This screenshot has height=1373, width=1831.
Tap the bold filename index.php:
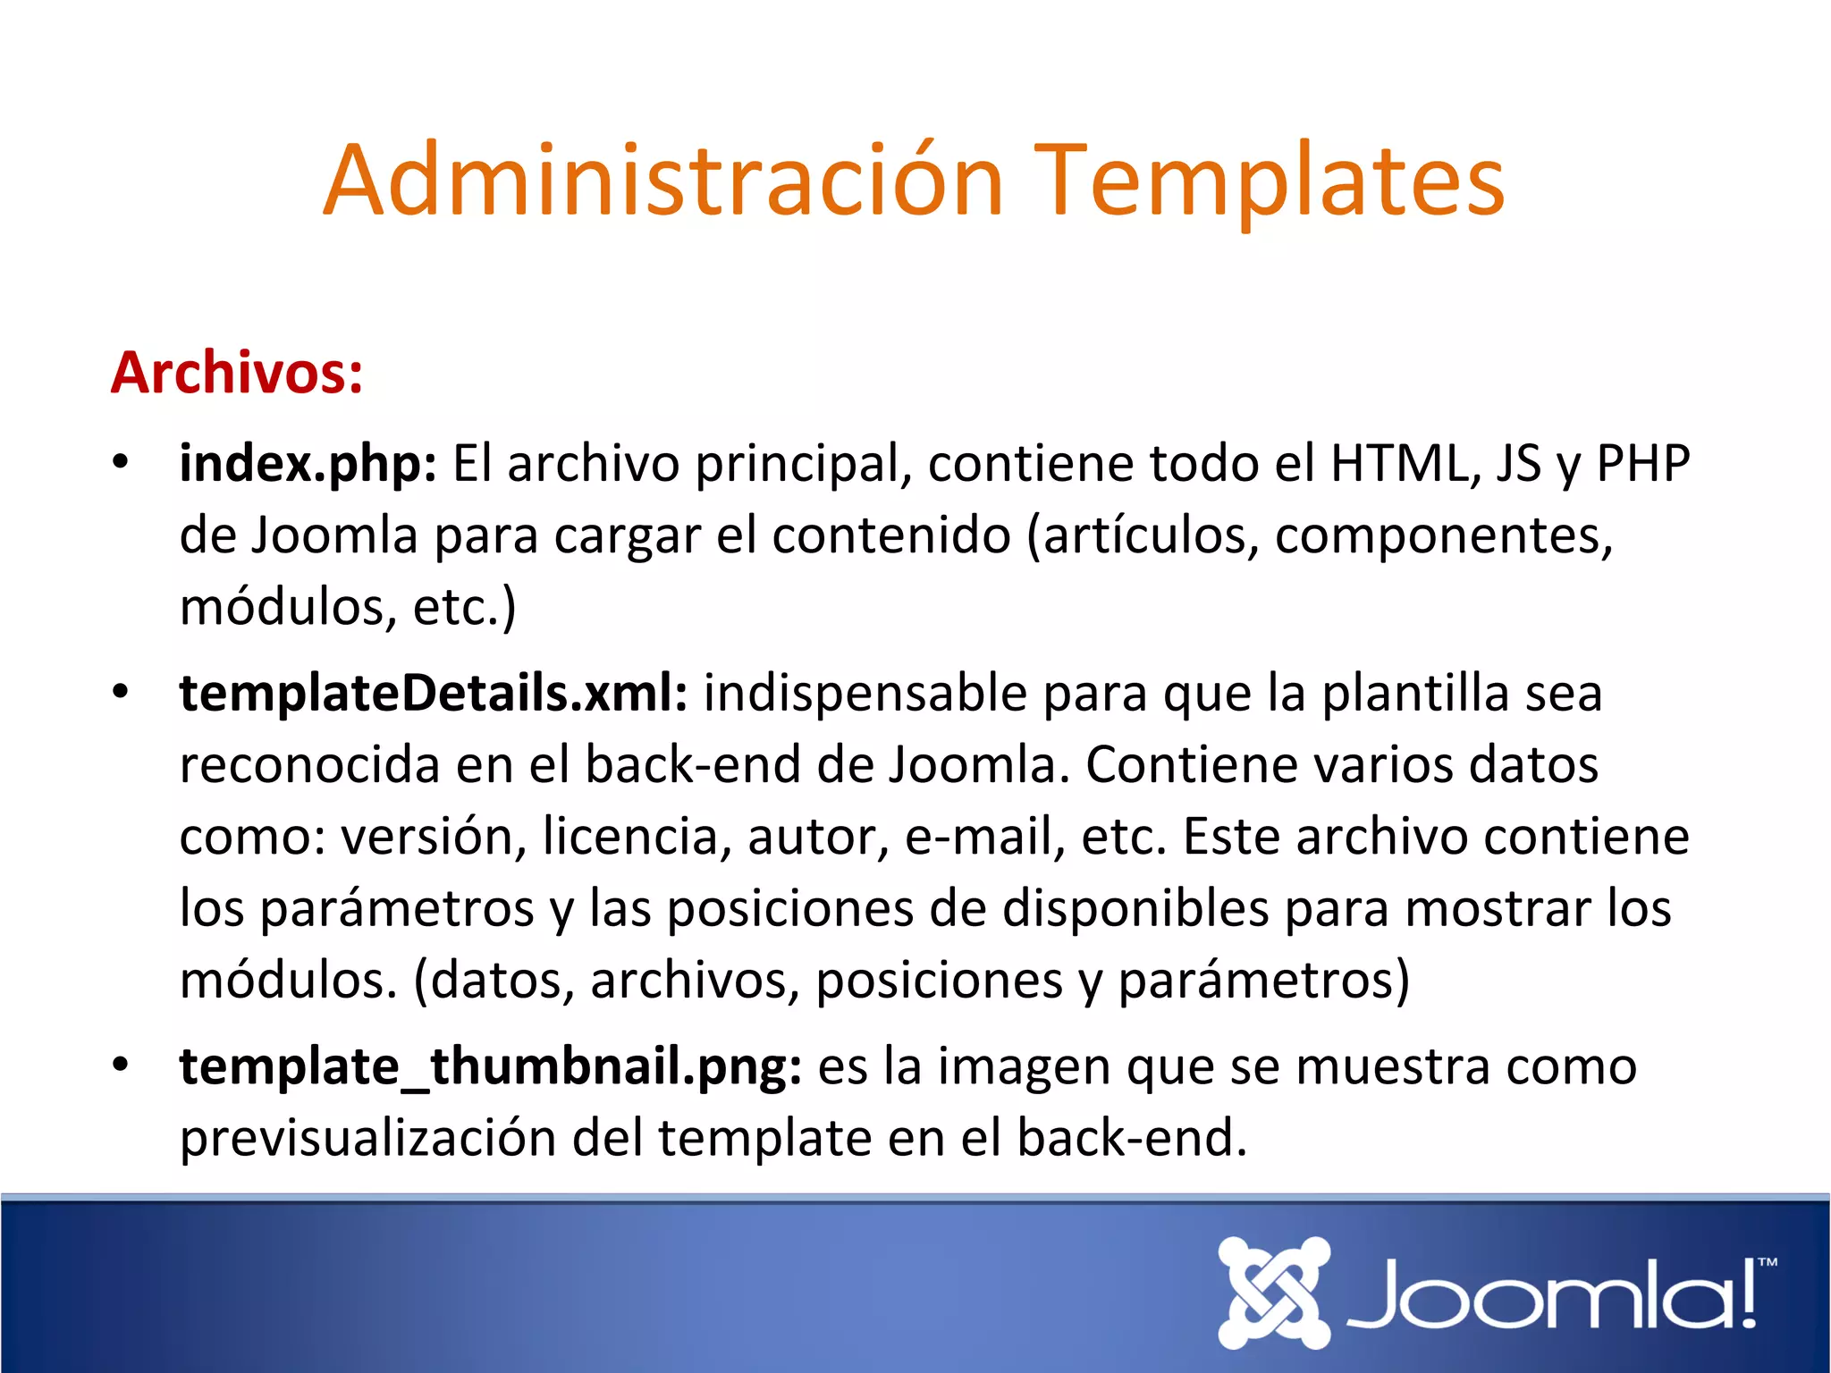point(308,465)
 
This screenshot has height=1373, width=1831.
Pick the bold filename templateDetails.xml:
point(434,694)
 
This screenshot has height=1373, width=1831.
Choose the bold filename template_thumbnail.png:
point(490,1067)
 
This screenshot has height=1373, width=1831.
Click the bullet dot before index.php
point(121,463)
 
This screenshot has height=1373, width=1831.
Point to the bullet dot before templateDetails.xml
point(121,692)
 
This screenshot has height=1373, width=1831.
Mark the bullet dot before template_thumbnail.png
point(121,1065)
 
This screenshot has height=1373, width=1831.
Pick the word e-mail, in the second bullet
point(984,838)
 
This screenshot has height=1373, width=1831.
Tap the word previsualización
point(367,1139)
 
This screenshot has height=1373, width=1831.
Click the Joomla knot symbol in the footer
point(1274,1293)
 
